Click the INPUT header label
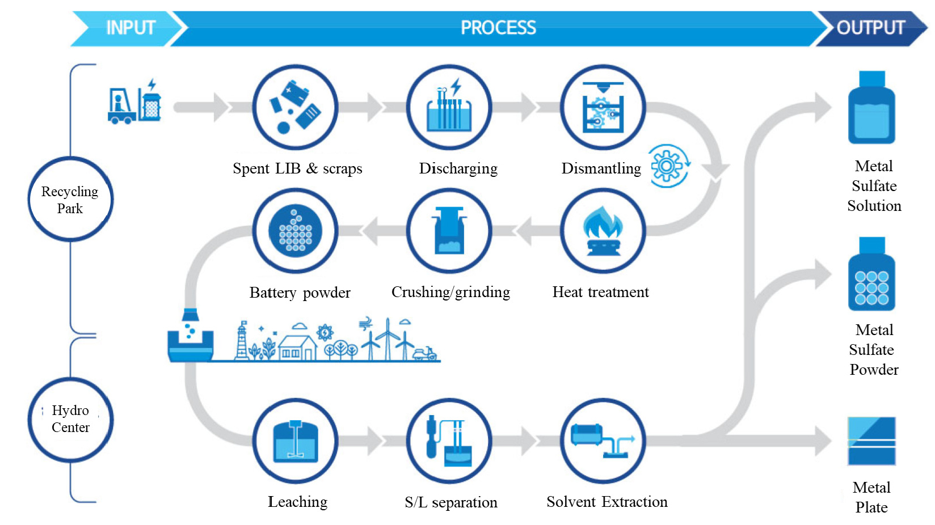[130, 28]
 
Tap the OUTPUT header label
[870, 28]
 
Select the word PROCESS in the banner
[498, 28]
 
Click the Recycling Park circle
[70, 200]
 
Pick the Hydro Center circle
[70, 419]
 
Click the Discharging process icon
[449, 107]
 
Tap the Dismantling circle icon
[603, 107]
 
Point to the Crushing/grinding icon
[449, 231]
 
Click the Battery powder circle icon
[295, 231]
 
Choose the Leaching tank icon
[295, 441]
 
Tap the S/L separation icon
[449, 441]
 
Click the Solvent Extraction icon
[603, 441]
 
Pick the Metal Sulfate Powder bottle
[871, 274]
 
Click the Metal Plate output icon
[871, 441]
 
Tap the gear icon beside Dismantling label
[668, 166]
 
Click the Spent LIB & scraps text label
[297, 168]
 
